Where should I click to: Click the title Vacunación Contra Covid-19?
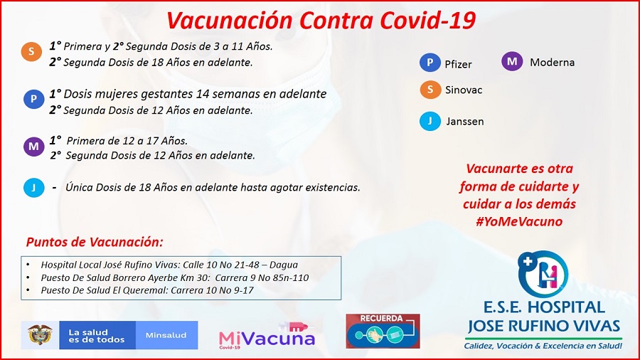321,20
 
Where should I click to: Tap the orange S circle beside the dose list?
31,52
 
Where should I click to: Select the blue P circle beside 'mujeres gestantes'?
34,99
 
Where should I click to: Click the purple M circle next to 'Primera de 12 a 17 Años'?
34,146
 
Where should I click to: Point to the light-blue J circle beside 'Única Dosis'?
34,187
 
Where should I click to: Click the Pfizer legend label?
458,65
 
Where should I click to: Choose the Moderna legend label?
553,63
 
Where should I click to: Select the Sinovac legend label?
464,90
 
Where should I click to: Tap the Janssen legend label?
465,122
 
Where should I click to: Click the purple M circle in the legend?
512,62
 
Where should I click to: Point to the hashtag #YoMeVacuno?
519,222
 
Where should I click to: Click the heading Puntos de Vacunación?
95,242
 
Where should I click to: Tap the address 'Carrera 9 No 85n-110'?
262,278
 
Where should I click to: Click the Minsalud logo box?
166,335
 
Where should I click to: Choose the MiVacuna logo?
267,336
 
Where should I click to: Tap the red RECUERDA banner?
383,331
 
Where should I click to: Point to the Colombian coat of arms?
40,334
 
